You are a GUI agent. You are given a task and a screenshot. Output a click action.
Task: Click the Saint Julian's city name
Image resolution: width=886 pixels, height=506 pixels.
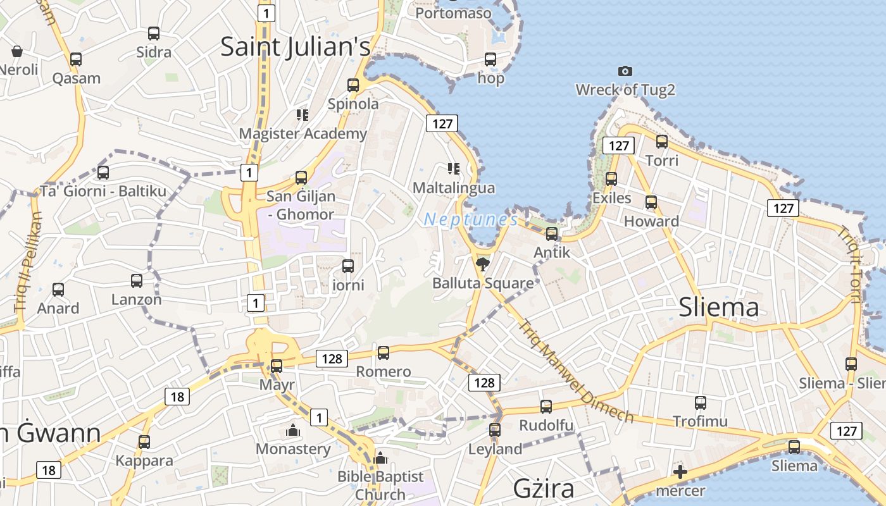(x=295, y=47)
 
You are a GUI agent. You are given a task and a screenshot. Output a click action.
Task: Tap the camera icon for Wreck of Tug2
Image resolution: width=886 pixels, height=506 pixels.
(x=625, y=71)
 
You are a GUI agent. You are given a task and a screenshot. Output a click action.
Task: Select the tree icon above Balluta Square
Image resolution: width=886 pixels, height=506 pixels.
(x=483, y=264)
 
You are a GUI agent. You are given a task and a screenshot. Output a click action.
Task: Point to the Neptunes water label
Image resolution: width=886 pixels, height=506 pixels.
(x=471, y=220)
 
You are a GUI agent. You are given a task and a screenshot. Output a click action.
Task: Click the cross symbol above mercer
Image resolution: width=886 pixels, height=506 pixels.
(x=680, y=471)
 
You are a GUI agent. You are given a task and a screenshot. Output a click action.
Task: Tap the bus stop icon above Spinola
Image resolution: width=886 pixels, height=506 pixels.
(x=353, y=85)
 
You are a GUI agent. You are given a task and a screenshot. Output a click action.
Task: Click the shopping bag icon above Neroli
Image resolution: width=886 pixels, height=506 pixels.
(x=17, y=51)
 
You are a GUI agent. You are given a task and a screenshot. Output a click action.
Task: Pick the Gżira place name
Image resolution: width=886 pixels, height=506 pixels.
(x=544, y=488)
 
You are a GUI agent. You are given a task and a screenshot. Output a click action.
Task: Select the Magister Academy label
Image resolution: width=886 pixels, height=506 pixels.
(x=303, y=133)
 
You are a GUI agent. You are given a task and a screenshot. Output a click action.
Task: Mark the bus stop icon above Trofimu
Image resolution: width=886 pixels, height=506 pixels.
(x=700, y=403)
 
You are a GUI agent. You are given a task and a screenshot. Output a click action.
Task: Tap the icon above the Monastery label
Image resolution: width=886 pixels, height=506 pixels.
(x=293, y=431)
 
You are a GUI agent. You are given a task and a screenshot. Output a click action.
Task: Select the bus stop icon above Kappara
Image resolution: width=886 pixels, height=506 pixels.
(x=144, y=441)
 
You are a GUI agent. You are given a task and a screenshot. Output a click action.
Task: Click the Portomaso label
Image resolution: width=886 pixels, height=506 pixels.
(x=453, y=12)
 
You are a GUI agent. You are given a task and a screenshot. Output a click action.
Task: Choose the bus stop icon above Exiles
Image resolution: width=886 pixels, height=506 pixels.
(x=611, y=179)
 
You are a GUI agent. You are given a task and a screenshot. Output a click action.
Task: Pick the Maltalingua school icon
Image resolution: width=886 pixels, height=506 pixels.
(x=453, y=168)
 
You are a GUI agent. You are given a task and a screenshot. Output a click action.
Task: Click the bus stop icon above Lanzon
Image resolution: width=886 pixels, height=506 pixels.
(x=137, y=281)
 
